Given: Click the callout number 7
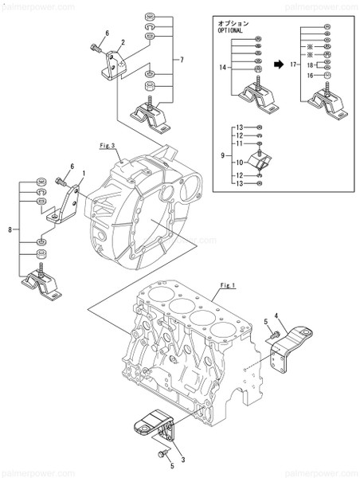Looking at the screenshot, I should [x=182, y=60].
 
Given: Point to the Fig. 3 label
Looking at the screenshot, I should [x=108, y=146].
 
